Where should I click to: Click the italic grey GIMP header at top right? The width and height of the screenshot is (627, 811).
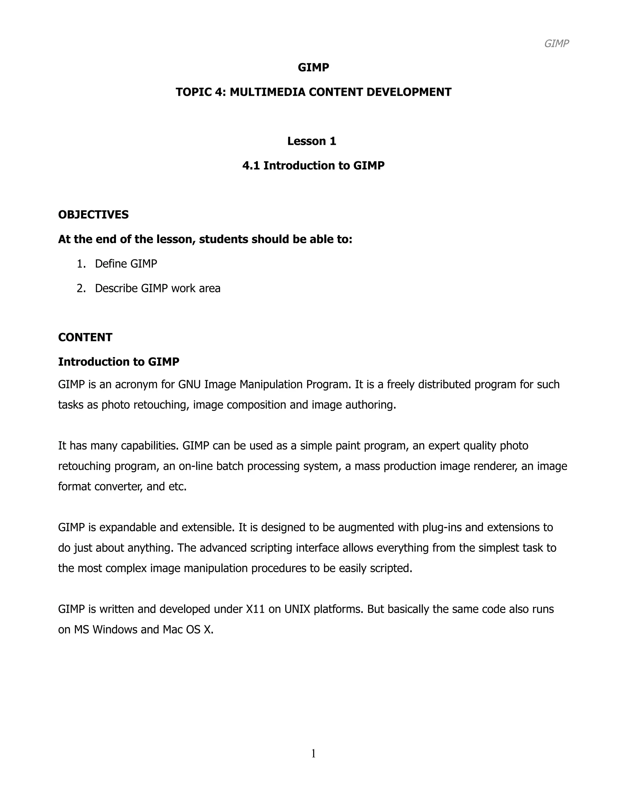[x=556, y=44]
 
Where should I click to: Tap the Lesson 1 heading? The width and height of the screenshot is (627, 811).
[x=312, y=141]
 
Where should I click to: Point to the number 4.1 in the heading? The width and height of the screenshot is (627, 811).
[x=251, y=166]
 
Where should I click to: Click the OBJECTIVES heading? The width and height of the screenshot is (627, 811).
[x=93, y=215]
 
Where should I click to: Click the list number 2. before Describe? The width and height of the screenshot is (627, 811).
[x=81, y=289]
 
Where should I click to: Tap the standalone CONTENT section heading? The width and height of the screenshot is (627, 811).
[x=85, y=337]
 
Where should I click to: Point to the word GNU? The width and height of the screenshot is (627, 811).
[x=190, y=384]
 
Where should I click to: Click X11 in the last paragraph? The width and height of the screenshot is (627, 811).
[x=255, y=609]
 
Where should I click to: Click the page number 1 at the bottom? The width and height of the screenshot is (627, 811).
[x=313, y=753]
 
